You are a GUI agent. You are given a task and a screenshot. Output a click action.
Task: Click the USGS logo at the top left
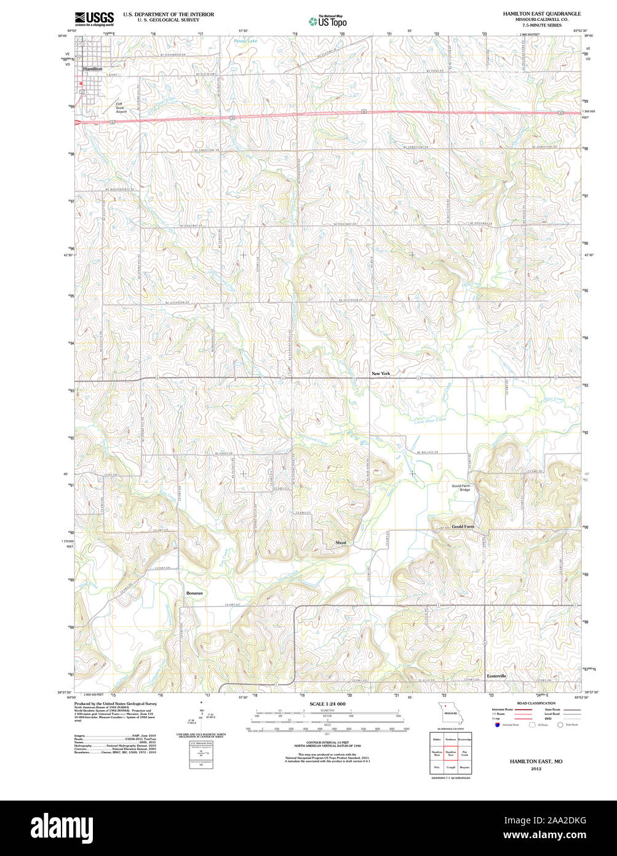coord(94,18)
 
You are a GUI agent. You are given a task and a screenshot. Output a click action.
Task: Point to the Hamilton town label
coord(93,69)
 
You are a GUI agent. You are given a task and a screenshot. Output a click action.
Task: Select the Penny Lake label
coord(244,41)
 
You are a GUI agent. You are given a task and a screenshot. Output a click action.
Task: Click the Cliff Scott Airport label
coord(121,108)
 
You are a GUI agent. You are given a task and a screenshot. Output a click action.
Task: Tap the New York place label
coord(381,373)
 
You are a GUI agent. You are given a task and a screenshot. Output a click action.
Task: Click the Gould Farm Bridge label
coord(461,488)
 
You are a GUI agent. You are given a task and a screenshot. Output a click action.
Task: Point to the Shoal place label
coord(341,543)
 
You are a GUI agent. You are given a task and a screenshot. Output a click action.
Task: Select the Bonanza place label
coord(194,592)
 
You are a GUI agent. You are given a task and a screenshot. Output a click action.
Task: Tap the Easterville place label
coord(496,676)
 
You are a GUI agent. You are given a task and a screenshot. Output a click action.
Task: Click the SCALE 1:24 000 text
coord(327,704)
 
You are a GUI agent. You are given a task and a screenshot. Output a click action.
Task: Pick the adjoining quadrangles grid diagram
coord(450,753)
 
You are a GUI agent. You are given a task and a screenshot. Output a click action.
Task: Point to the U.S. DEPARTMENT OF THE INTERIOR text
coord(169,14)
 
